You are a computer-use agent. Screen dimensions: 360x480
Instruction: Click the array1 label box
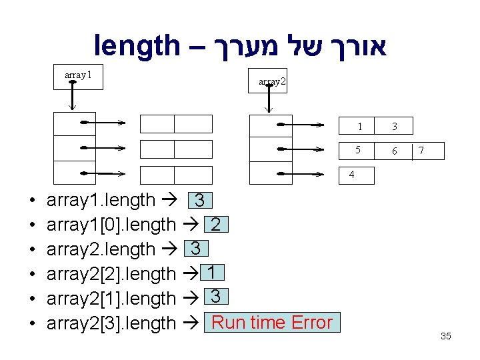point(78,75)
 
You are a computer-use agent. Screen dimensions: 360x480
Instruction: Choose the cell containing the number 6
point(394,151)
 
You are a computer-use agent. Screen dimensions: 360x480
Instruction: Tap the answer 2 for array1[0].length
point(216,225)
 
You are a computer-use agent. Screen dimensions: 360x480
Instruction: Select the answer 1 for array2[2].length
point(210,273)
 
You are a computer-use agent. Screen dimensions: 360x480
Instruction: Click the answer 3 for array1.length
point(199,201)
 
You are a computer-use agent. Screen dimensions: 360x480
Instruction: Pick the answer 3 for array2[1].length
point(215,297)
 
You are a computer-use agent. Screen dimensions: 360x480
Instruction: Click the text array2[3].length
point(111,323)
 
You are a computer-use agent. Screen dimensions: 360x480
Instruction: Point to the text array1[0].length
point(111,225)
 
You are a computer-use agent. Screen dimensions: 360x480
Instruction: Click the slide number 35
point(445,337)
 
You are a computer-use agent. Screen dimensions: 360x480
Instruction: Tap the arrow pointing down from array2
point(268,101)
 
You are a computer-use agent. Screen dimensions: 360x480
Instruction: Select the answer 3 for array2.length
point(195,249)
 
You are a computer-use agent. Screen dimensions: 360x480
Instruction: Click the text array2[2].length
point(111,274)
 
